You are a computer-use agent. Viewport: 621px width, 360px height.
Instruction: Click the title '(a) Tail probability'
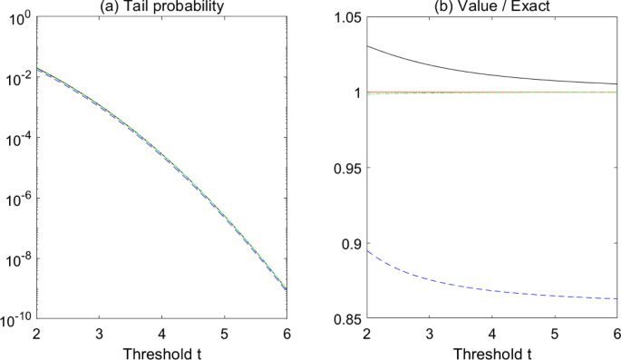pos(160,6)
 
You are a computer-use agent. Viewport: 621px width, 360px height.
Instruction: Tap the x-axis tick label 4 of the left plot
pos(161,334)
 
